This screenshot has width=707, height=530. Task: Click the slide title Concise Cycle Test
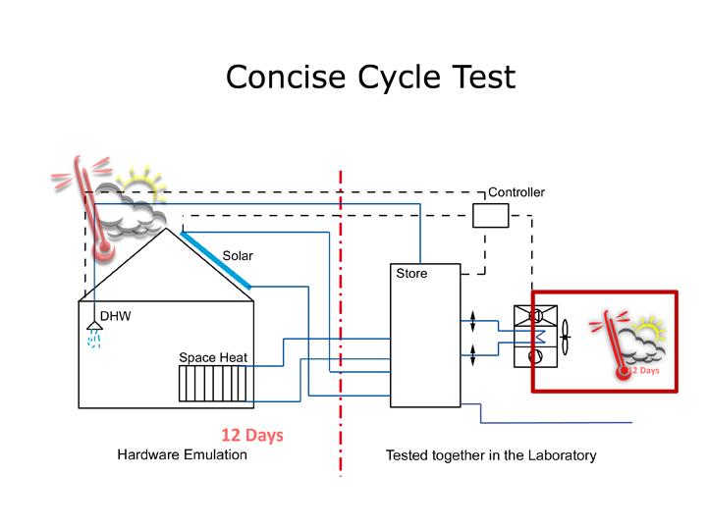tap(369, 76)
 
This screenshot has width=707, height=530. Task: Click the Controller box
tap(490, 215)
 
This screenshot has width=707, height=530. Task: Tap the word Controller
tap(516, 192)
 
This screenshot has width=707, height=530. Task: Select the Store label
tap(411, 274)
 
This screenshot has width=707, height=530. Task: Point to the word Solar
tap(238, 256)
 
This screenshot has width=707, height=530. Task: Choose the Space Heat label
tap(211, 357)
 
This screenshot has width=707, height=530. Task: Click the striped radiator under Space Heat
tap(210, 384)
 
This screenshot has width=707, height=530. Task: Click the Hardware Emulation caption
tap(183, 455)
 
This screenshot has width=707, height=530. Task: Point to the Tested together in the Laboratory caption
tap(490, 455)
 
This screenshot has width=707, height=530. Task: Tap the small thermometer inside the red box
tap(615, 345)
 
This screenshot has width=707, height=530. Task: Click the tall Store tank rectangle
tap(424, 339)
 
